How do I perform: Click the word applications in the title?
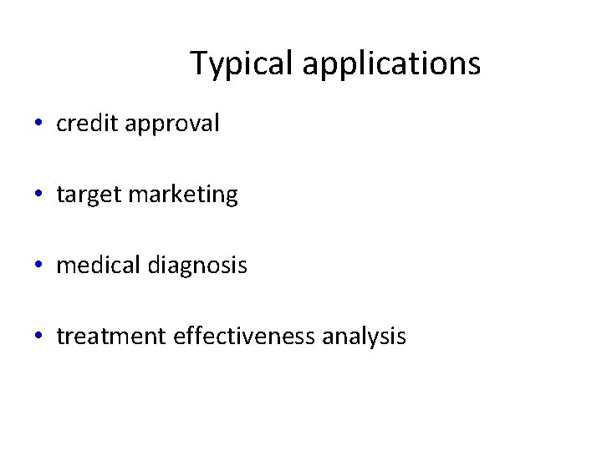[x=391, y=63]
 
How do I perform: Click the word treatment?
[x=111, y=337]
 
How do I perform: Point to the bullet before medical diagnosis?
[x=39, y=266]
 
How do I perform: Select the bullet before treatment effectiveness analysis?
[x=39, y=337]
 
